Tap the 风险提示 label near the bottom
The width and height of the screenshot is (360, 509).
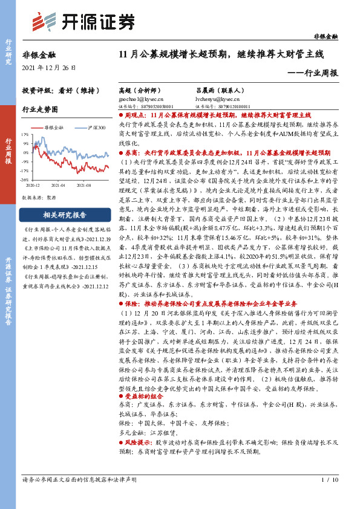(138, 443)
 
